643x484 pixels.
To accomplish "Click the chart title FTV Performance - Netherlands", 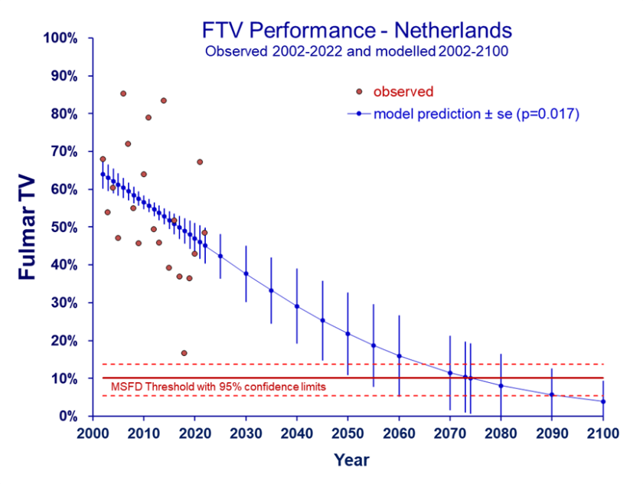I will [357, 31].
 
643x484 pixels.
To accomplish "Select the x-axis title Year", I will [351, 460].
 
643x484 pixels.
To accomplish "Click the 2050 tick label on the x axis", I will [348, 433].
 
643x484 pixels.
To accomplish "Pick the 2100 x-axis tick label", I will [603, 433].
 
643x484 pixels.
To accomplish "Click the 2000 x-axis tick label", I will [93, 433].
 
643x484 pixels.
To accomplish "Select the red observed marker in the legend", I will [359, 92].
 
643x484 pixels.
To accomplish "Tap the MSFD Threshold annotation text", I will [219, 387].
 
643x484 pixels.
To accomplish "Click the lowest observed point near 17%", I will [184, 353].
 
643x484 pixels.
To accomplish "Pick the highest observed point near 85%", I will [123, 93].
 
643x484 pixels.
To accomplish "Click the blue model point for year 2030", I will [246, 273].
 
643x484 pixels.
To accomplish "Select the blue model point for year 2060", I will [399, 356].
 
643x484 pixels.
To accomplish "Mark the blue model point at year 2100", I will [603, 401].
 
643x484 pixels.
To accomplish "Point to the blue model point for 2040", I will [297, 306].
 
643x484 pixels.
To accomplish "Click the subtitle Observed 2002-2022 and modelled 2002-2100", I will [357, 52].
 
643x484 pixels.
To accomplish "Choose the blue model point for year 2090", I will [552, 394].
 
